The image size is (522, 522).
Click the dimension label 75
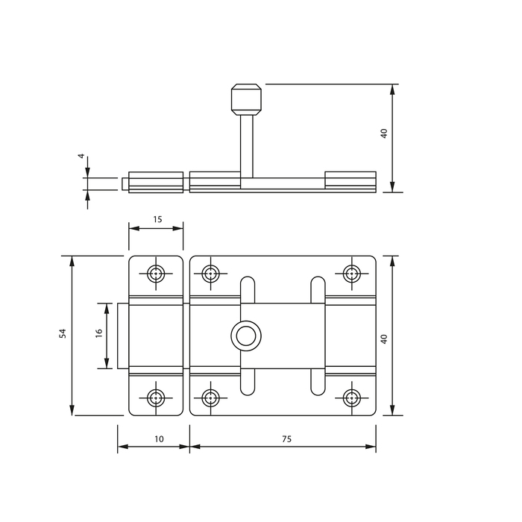(286, 439)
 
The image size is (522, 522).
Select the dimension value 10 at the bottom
(159, 439)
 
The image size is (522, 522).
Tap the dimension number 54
(63, 333)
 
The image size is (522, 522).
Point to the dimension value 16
(99, 333)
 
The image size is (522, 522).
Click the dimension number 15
(157, 219)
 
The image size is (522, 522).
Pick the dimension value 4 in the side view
(81, 156)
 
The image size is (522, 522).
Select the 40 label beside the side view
(384, 133)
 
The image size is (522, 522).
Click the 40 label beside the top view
(384, 339)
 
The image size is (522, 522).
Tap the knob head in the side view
(246, 99)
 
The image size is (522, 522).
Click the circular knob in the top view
(246, 336)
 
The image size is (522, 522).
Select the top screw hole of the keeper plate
(155, 274)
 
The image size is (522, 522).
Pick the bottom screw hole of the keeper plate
(155, 397)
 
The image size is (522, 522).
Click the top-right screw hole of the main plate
(351, 274)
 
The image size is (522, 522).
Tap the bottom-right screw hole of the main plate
(351, 397)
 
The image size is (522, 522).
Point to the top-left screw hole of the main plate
(210, 274)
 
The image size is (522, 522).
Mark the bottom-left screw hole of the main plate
(210, 397)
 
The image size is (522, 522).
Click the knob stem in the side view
(247, 146)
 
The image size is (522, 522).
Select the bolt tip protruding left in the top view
(123, 336)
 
